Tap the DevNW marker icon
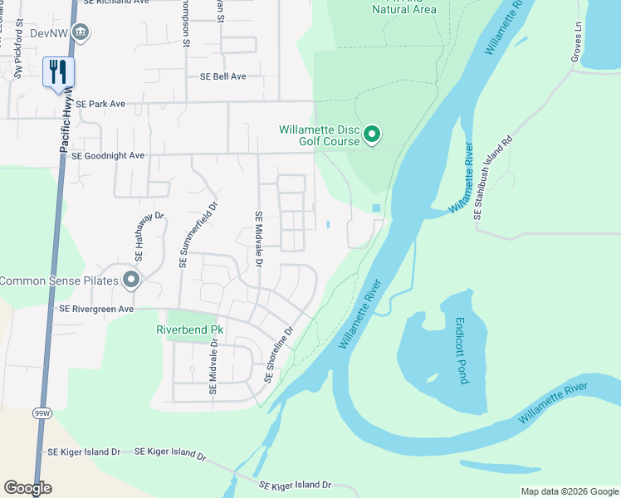point(81,33)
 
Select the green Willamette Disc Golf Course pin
point(373,134)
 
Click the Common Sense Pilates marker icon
point(130,281)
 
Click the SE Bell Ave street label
point(222,76)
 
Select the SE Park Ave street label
point(100,105)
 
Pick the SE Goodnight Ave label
point(108,155)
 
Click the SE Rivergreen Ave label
point(96,309)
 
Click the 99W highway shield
point(42,412)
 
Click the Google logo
point(27,488)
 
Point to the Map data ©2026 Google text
point(569,491)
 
